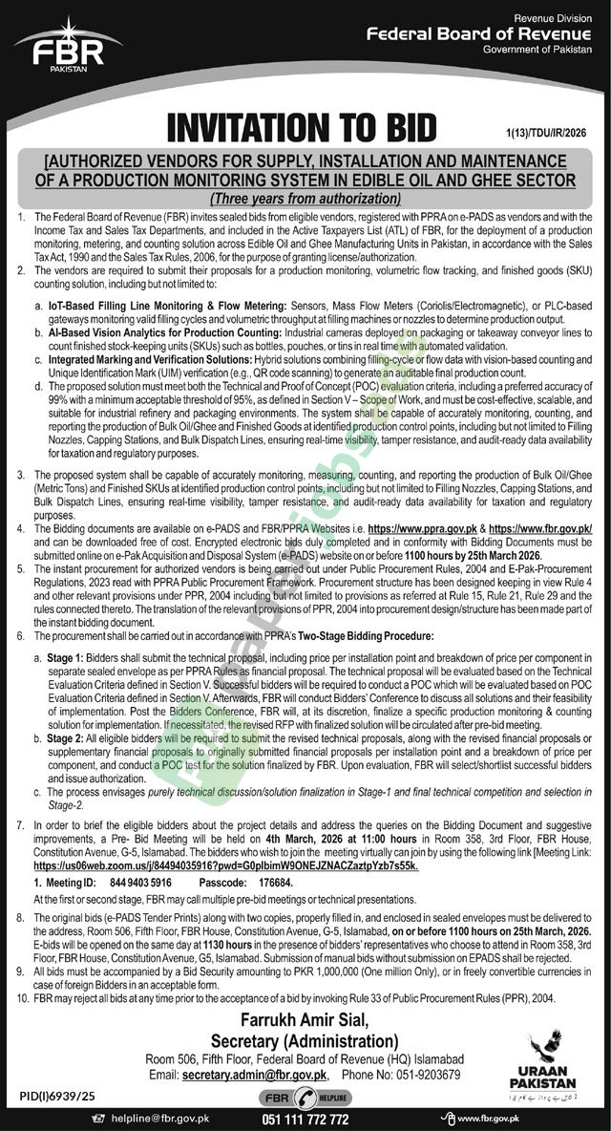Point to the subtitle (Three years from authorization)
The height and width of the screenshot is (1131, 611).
(x=304, y=199)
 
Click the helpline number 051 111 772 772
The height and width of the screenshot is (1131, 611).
(x=305, y=1118)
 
